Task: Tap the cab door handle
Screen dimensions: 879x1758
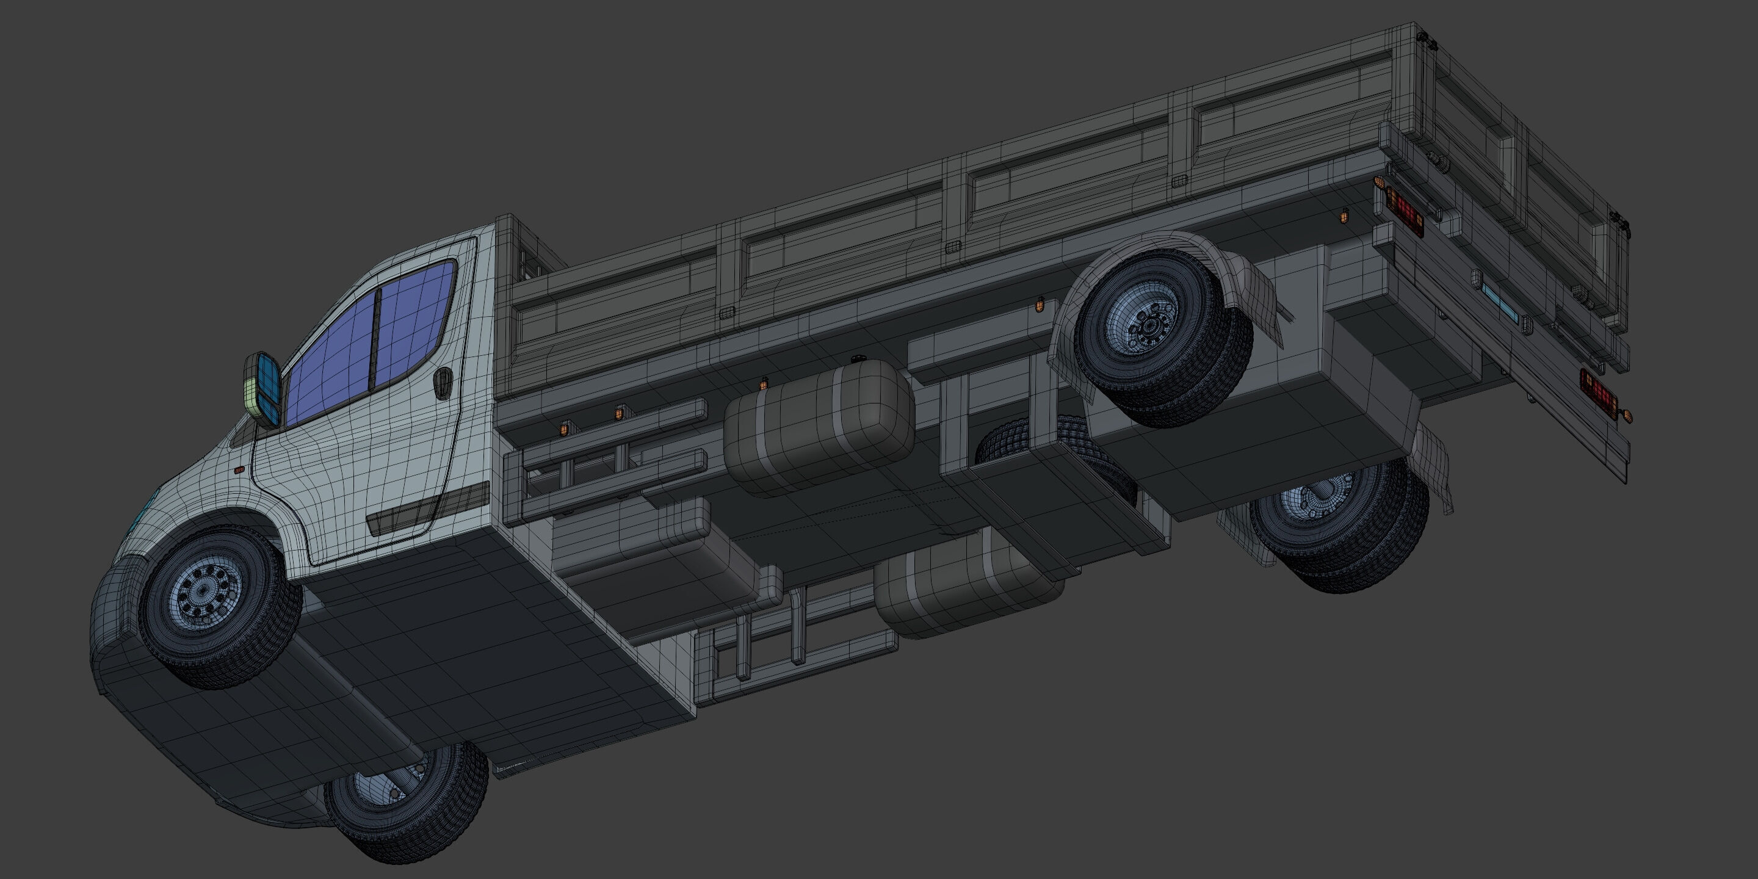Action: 443,382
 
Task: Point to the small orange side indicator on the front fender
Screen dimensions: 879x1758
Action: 239,470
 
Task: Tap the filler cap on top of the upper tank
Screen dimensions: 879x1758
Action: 857,359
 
